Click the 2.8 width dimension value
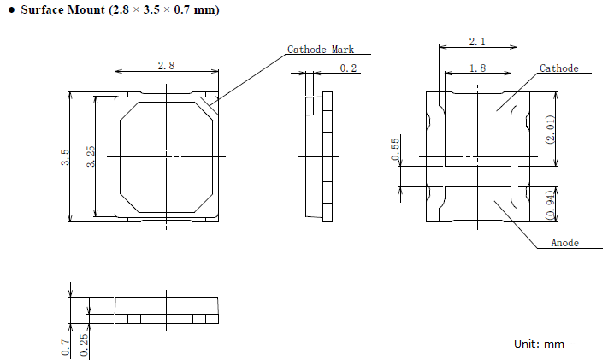click(x=166, y=66)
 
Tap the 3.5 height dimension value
click(x=65, y=157)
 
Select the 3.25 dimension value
click(x=91, y=156)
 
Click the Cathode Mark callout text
click(x=321, y=50)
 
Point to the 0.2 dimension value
click(x=348, y=68)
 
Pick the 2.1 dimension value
click(x=477, y=42)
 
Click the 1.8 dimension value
click(x=477, y=68)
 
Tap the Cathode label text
click(x=558, y=68)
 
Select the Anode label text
click(x=565, y=243)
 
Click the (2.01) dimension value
click(x=550, y=130)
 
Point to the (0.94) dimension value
click(x=550, y=205)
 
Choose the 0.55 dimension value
click(x=395, y=149)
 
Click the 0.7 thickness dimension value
click(x=65, y=347)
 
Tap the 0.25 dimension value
click(x=83, y=345)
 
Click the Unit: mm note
click(x=539, y=344)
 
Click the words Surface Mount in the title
click(x=62, y=9)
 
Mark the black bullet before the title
click(x=12, y=10)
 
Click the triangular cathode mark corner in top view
click(x=212, y=104)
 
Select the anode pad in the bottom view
click(x=478, y=204)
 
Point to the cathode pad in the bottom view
click(x=478, y=130)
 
